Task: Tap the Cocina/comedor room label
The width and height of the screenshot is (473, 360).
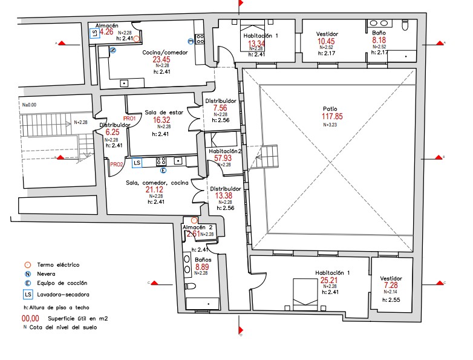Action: pos(165,53)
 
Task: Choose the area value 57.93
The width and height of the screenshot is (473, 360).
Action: pos(224,158)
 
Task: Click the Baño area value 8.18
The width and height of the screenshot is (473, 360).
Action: pos(380,41)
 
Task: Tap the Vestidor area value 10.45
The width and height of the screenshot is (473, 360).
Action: pos(326,41)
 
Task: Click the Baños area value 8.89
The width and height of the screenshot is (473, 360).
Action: pos(203,267)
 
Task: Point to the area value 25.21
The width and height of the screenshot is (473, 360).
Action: pos(328,280)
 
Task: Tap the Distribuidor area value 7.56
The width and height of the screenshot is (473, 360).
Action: pos(220,108)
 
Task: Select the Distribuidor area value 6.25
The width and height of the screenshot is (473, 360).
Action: pos(113,132)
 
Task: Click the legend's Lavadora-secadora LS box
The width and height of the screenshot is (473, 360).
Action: pos(27,295)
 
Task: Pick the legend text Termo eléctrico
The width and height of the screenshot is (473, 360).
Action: pos(57,264)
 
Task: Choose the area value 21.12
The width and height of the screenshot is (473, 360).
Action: pos(155,190)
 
